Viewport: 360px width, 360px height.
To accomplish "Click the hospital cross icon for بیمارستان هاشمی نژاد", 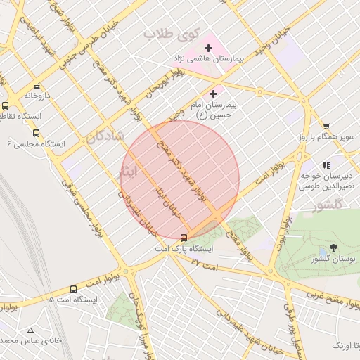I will tap(207, 48).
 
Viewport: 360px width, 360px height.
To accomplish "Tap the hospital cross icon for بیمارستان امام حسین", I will tap(213, 93).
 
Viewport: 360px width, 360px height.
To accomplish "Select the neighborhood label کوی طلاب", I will tap(172, 33).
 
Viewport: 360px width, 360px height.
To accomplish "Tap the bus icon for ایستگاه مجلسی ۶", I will tap(36, 133).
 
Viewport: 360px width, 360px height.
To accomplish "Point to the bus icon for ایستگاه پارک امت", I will tap(184, 238).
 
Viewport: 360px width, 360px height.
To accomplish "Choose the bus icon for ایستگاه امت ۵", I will tap(73, 289).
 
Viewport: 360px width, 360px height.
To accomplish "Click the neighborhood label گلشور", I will tap(326, 205).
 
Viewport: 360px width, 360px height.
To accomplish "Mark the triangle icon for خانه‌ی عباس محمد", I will tap(30, 330).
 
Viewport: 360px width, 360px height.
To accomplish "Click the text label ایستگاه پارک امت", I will tap(184, 250).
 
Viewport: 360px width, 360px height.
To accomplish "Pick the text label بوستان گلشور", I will tap(334, 259).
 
